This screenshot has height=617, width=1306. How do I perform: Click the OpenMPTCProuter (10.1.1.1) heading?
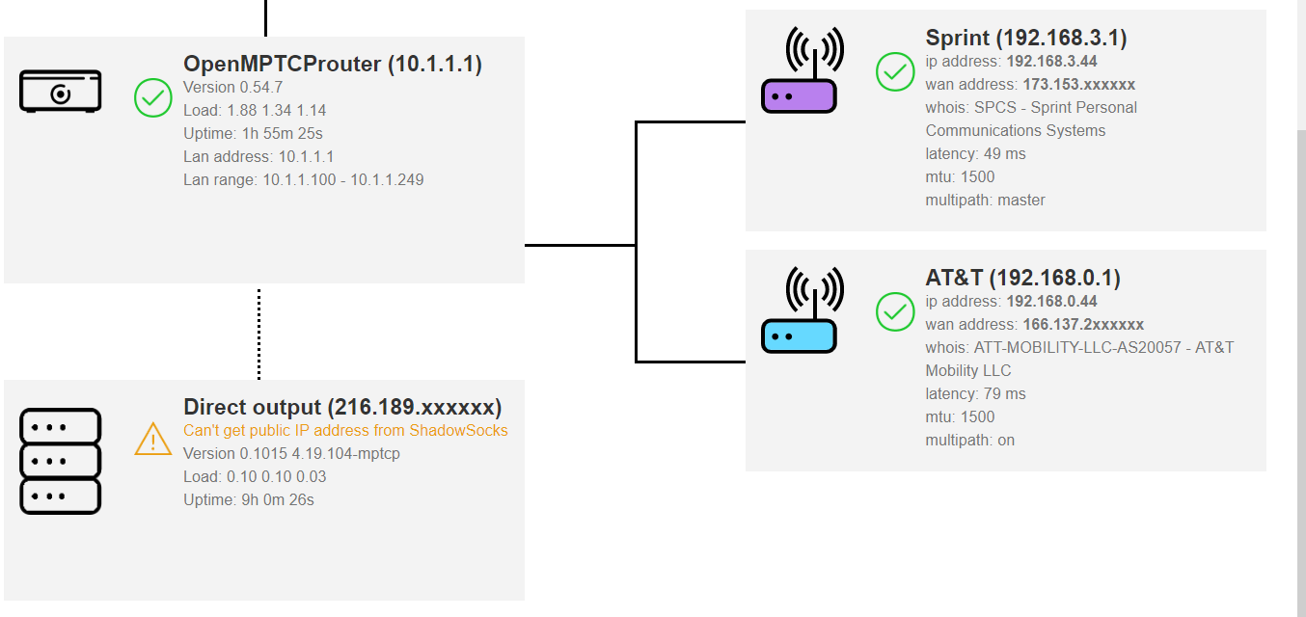333,65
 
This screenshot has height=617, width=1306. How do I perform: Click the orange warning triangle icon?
153,439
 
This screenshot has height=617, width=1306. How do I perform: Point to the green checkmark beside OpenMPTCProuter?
153,98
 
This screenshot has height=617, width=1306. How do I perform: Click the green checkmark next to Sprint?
895,72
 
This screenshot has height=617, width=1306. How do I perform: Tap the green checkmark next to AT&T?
895,311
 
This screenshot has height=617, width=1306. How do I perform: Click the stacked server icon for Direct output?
61,461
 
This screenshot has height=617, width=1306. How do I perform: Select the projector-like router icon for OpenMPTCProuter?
61,92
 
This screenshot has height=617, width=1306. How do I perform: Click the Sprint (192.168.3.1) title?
1026,38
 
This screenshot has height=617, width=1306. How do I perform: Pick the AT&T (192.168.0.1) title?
1022,278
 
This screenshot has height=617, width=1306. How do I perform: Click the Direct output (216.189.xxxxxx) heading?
342,406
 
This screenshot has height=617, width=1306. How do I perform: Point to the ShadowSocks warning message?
345,431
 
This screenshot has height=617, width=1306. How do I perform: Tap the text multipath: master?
985,201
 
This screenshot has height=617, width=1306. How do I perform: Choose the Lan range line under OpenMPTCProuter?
303,179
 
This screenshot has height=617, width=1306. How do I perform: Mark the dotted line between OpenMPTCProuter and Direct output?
258,333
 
